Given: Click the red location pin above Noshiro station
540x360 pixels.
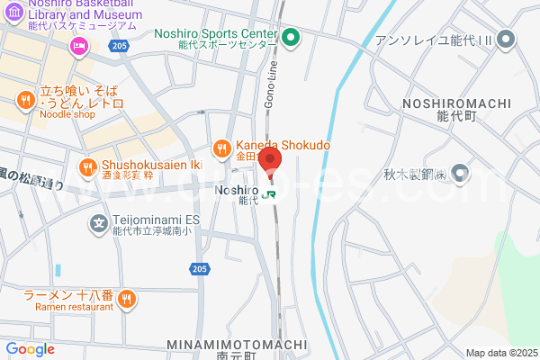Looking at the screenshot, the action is coord(270,162).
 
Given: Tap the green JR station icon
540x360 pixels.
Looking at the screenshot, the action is coord(270,192).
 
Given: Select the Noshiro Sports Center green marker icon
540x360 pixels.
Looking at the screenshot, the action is coord(291,38).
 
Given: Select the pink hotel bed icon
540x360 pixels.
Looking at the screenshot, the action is coord(79,46).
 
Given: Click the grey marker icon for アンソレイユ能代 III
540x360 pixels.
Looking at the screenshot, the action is coord(506,39).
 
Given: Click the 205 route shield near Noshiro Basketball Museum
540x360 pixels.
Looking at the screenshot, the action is coord(118,44).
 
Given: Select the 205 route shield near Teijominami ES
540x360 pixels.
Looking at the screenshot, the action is coord(200,269).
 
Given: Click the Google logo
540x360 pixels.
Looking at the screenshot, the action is coord(30,349).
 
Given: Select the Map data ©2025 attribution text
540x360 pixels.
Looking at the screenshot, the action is coord(500,353).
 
